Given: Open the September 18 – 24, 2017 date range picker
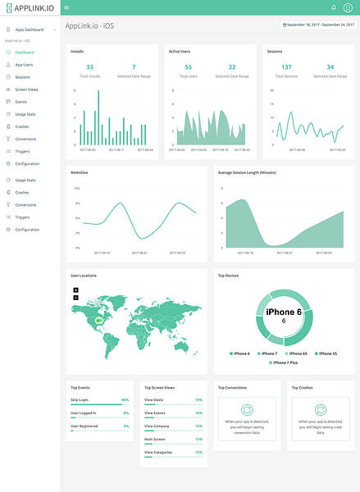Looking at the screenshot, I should point(318,26).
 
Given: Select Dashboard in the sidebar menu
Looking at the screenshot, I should point(25,52).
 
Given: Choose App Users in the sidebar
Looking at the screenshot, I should point(24,64).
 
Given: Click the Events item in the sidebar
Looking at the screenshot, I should point(21,102).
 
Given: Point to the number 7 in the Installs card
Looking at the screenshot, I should point(134,67).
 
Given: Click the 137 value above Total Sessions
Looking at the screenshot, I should point(286,67).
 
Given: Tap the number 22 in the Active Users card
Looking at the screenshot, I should point(232,67).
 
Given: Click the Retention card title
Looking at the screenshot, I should point(80,173).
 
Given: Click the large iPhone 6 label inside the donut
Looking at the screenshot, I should point(284,312).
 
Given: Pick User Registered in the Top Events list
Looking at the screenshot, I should point(85,426).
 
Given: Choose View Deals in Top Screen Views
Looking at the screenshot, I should point(154,399).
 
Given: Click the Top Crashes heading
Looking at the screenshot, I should point(303,386).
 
